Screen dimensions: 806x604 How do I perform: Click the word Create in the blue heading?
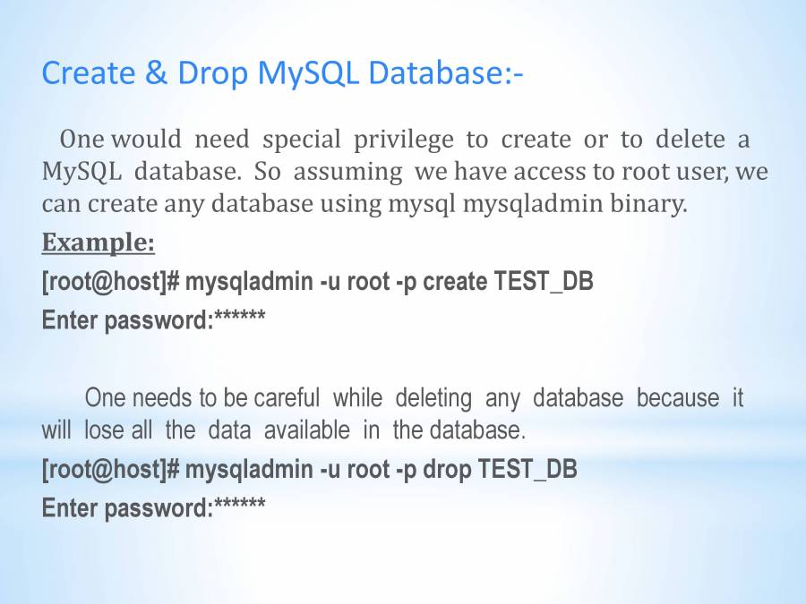89,72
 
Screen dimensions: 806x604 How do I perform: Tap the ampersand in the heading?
156,72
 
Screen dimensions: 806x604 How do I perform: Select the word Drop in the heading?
213,74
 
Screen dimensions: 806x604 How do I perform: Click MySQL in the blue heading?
308,74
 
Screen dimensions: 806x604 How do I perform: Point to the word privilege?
404,140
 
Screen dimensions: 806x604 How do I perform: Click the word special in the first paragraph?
302,140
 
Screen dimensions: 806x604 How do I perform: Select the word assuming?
348,173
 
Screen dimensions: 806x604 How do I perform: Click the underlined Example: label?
99,242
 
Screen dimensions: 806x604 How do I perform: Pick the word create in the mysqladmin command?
455,282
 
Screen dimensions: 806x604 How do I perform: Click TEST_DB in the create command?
544,282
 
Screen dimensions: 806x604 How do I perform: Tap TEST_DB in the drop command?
527,470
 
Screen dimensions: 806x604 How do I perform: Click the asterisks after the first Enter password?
240,315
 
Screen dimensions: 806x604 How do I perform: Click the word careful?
287,398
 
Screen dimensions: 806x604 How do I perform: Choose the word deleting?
433,399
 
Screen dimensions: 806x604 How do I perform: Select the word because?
678,398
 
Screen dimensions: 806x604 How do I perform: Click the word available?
307,430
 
